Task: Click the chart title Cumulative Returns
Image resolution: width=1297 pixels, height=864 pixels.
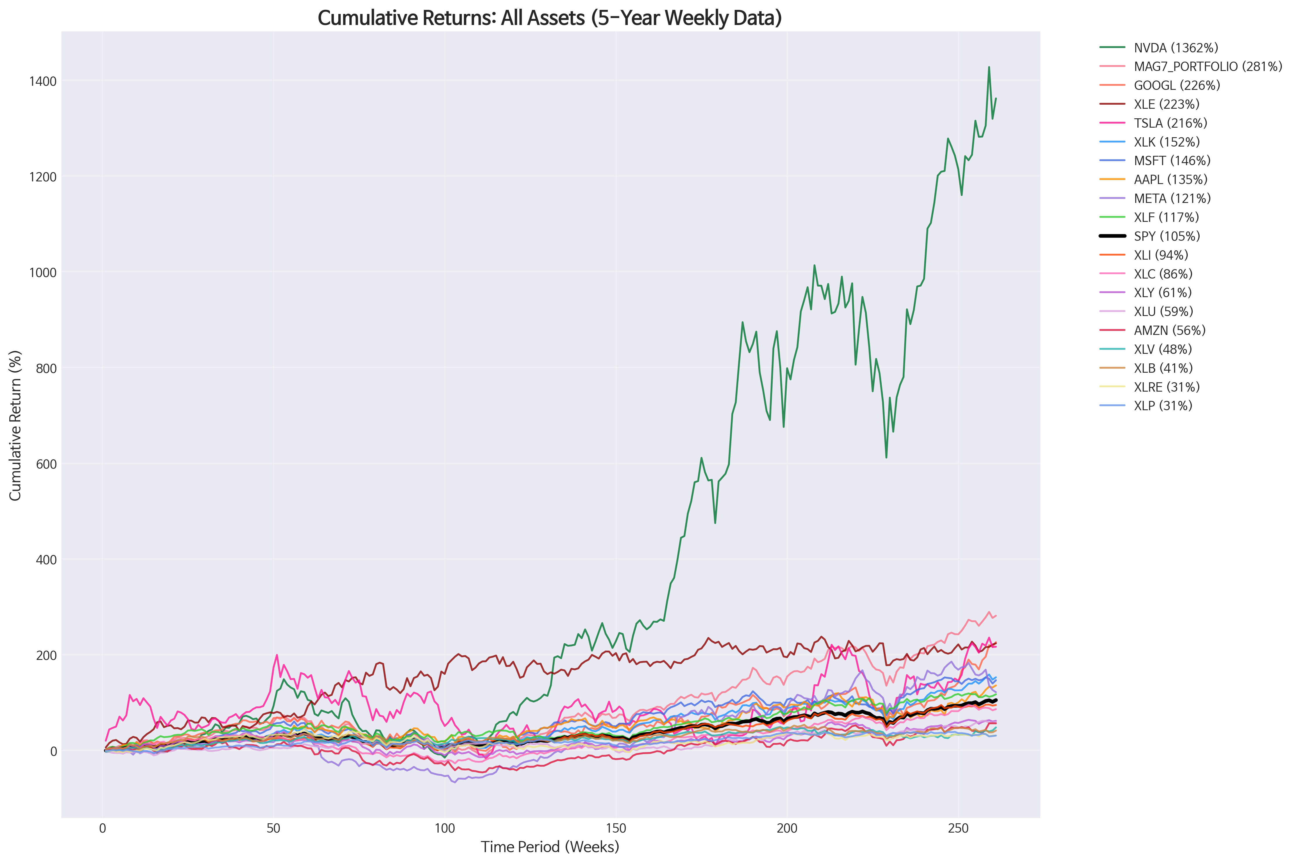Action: [549, 18]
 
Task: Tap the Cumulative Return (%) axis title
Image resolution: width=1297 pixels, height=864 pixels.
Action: [15, 425]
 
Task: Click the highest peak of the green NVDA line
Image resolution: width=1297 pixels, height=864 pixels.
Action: [989, 67]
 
